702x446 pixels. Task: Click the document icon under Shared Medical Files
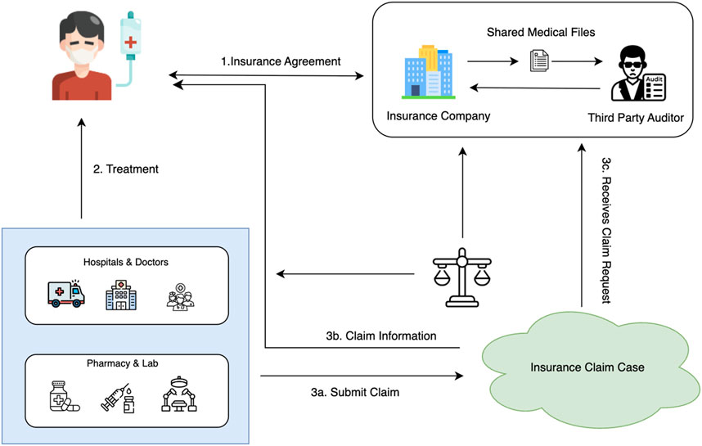pyautogui.click(x=538, y=61)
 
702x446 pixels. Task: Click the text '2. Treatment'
pyautogui.click(x=125, y=169)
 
